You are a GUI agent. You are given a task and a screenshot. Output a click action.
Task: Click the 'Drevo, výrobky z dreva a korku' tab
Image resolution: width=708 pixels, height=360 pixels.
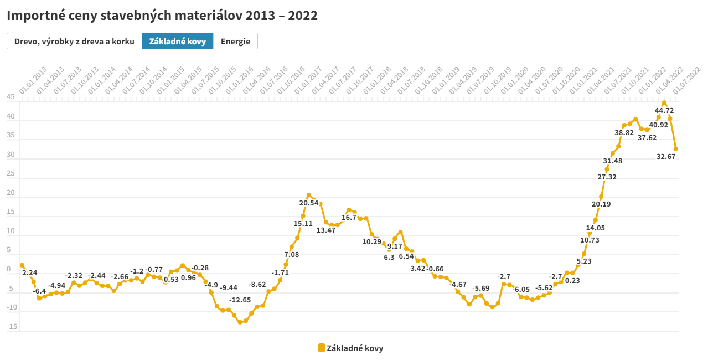click(x=74, y=42)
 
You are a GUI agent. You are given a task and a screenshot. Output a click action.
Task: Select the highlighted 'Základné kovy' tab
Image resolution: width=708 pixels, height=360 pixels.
click(x=178, y=42)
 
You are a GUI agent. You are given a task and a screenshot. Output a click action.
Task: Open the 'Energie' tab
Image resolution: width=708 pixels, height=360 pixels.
click(x=235, y=42)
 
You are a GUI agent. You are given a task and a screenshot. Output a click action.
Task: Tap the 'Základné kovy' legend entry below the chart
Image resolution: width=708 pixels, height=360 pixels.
click(x=351, y=348)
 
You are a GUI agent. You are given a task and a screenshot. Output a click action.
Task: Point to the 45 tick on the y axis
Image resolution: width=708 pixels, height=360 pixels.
click(x=11, y=97)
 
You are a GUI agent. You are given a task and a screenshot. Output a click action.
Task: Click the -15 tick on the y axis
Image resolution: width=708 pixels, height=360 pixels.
click(x=11, y=327)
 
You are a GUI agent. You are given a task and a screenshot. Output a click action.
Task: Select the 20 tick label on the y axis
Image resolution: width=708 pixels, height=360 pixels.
click(x=11, y=193)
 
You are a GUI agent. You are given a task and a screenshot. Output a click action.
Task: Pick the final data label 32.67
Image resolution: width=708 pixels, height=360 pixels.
click(x=666, y=157)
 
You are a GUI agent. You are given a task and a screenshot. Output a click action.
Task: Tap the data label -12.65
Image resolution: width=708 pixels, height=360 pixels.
click(x=240, y=300)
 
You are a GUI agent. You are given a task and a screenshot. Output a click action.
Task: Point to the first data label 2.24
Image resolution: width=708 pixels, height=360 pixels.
click(x=30, y=273)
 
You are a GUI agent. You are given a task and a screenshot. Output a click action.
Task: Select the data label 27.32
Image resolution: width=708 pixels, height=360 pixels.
click(x=607, y=177)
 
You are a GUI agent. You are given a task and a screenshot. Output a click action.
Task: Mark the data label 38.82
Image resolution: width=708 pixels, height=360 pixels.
click(x=624, y=133)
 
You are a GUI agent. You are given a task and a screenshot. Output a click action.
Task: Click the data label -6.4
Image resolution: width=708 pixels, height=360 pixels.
click(x=39, y=291)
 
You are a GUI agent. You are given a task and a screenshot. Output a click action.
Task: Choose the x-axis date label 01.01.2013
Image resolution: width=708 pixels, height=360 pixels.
click(x=33, y=80)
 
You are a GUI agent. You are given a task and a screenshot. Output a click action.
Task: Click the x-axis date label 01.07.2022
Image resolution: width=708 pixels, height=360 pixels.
click(x=686, y=80)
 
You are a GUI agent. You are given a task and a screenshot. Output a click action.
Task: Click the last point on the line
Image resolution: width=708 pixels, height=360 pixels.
click(x=676, y=148)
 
